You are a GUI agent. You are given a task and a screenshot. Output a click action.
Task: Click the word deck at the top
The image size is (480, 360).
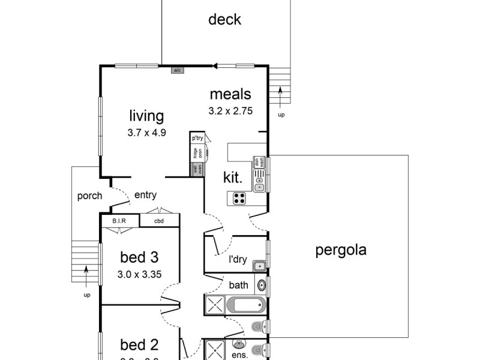click(224, 20)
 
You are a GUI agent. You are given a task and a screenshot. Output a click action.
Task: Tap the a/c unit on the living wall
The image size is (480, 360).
click(177, 70)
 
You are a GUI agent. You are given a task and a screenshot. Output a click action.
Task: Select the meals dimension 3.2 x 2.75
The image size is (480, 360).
click(230, 110)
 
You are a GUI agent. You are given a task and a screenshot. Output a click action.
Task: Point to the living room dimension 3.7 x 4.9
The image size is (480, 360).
click(146, 133)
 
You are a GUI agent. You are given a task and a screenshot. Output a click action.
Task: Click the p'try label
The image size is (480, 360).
click(197, 138)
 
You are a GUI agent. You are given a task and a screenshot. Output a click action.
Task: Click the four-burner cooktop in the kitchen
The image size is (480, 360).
click(239, 198)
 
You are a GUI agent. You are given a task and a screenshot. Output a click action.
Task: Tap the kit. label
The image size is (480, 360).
click(233, 177)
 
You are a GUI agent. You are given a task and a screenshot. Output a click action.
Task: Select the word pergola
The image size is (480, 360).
click(341, 250)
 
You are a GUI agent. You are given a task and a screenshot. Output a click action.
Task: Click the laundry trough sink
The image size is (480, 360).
click(259, 265)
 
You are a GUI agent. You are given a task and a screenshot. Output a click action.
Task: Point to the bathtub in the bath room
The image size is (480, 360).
click(246, 305)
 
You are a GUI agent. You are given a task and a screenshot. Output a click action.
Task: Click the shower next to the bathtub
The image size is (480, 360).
click(214, 305)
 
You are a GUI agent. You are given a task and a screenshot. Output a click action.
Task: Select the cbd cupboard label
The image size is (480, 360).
click(159, 221)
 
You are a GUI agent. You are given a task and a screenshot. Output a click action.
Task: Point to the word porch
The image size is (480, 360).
click(89, 196)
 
